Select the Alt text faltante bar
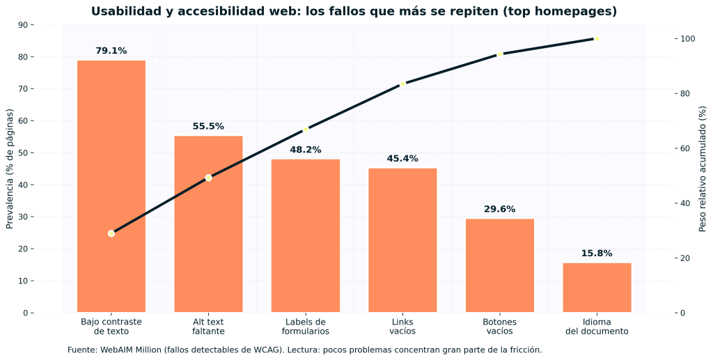click(x=208, y=224)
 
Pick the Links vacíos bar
click(x=402, y=240)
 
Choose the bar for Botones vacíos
click(x=499, y=265)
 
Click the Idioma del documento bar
click(x=597, y=287)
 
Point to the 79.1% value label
click(x=111, y=51)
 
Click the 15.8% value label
click(x=597, y=253)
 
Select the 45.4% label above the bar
click(x=402, y=159)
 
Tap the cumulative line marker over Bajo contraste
click(x=111, y=233)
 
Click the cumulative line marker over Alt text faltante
click(x=208, y=178)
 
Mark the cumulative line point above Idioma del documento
click(x=597, y=39)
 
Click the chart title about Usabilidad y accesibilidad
click(x=354, y=12)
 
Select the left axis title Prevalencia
click(x=10, y=169)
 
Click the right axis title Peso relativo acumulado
click(x=702, y=169)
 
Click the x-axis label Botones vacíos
click(x=499, y=327)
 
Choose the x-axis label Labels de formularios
click(x=305, y=327)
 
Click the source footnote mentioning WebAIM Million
click(x=304, y=350)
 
